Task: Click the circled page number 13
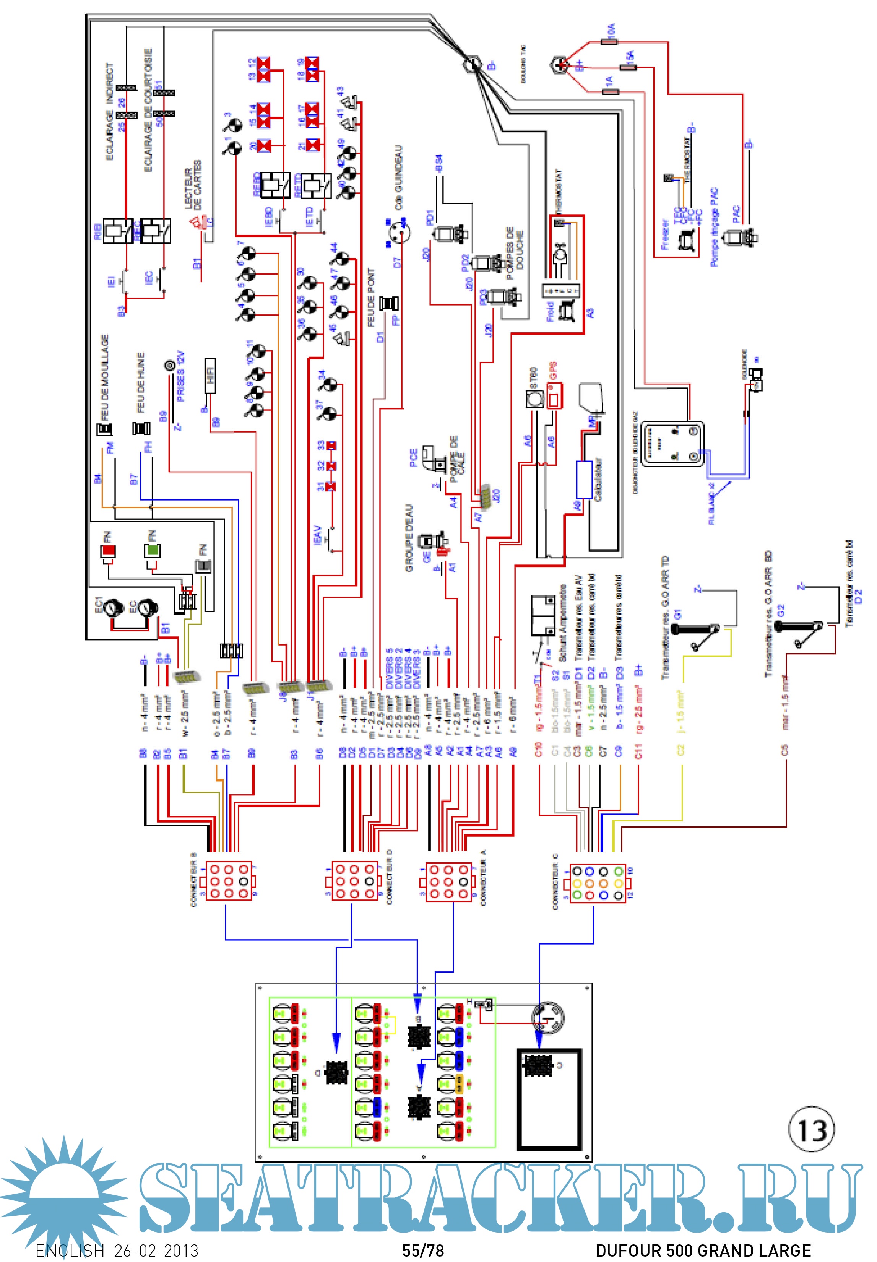pyautogui.click(x=811, y=1130)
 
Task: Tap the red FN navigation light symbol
pyautogui.click(x=108, y=550)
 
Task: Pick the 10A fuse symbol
pyautogui.click(x=610, y=41)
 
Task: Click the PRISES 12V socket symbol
pyautogui.click(x=170, y=366)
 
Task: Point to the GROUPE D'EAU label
pyautogui.click(x=410, y=539)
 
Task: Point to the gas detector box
pyautogui.click(x=673, y=444)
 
